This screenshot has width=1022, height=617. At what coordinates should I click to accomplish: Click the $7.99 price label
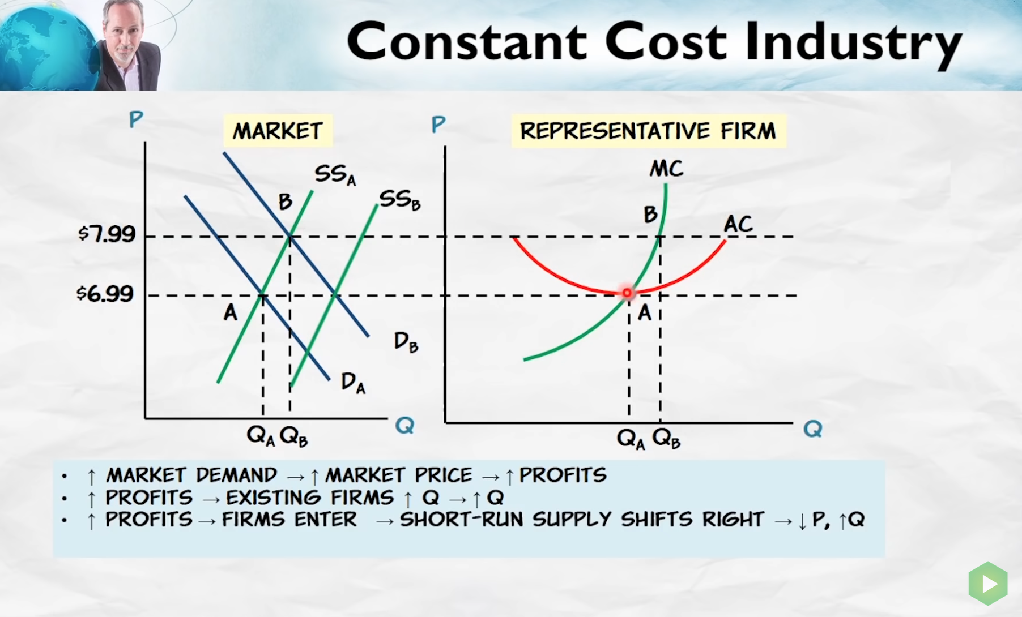pyautogui.click(x=107, y=233)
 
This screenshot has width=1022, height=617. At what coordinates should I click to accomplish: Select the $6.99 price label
pyautogui.click(x=105, y=293)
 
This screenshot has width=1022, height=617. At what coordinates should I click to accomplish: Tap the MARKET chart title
pyautogui.click(x=278, y=131)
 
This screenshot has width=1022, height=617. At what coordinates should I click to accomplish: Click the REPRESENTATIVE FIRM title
pyautogui.click(x=648, y=131)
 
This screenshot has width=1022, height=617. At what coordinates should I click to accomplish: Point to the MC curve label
pyautogui.click(x=666, y=169)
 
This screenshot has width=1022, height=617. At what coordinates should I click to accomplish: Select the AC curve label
pyautogui.click(x=738, y=224)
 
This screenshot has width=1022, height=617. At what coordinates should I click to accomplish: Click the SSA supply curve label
pyautogui.click(x=335, y=174)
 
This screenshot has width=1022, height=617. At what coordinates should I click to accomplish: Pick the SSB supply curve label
pyautogui.click(x=399, y=200)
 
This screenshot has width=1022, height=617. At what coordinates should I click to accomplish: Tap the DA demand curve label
pyautogui.click(x=353, y=383)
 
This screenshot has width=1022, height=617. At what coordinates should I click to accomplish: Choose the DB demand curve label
pyautogui.click(x=406, y=342)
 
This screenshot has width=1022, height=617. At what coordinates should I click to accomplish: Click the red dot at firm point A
pyautogui.click(x=627, y=293)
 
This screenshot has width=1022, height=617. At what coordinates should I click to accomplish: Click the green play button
pyautogui.click(x=988, y=583)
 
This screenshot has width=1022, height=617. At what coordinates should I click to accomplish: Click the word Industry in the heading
pyautogui.click(x=854, y=43)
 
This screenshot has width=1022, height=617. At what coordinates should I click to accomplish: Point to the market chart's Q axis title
pyautogui.click(x=404, y=425)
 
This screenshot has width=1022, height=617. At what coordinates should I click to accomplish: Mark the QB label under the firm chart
pyautogui.click(x=666, y=438)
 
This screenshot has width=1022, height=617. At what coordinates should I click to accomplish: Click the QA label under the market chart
pyautogui.click(x=261, y=436)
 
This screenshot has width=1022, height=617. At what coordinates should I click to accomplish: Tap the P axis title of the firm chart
pyautogui.click(x=438, y=124)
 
